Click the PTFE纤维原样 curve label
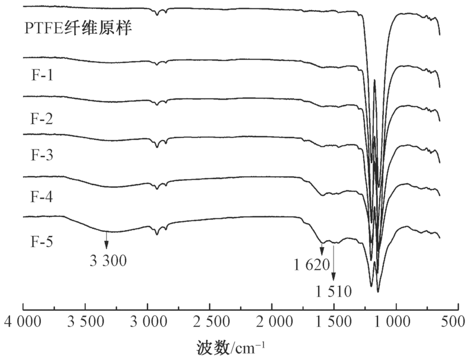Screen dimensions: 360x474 [x=77, y=28]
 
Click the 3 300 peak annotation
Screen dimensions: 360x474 [x=108, y=260]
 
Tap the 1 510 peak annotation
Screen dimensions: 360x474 [x=335, y=291]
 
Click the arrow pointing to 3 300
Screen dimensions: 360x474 [x=107, y=240]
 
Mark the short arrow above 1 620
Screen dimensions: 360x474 [x=322, y=249]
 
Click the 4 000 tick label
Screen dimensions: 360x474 [x=24, y=323]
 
